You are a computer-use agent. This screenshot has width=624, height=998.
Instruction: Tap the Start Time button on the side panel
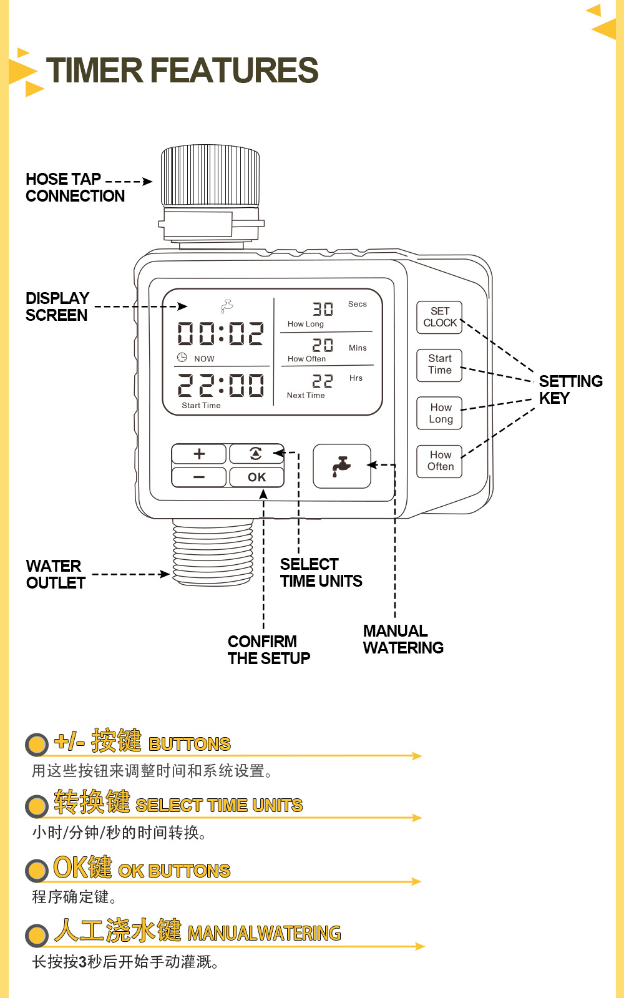click(439, 364)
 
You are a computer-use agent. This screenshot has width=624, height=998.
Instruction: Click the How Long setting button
click(439, 413)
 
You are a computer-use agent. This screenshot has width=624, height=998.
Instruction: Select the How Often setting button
click(439, 461)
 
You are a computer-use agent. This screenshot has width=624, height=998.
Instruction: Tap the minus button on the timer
click(199, 477)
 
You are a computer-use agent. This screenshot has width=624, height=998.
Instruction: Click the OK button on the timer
click(256, 477)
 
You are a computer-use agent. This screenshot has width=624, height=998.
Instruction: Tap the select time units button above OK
click(256, 454)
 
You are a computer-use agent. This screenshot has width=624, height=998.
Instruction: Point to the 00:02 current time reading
click(220, 334)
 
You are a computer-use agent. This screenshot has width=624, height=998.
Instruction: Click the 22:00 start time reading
click(220, 385)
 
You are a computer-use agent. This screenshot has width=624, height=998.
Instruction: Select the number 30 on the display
click(323, 309)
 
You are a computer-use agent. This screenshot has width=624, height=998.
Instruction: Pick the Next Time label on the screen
click(306, 395)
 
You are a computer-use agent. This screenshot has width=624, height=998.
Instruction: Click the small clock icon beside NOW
click(182, 358)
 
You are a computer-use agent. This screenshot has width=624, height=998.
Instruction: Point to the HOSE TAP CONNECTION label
click(75, 187)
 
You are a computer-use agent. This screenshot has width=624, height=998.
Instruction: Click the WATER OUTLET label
click(56, 574)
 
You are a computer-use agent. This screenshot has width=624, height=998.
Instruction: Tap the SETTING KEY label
click(570, 389)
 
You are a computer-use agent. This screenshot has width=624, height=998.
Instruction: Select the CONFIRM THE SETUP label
click(268, 650)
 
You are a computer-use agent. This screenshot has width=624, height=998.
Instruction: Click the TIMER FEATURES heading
click(182, 70)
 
